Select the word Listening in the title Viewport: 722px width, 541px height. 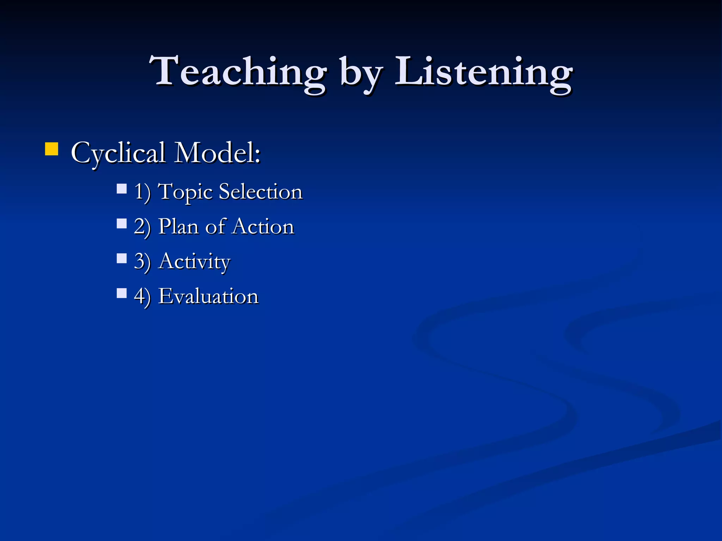coord(483,72)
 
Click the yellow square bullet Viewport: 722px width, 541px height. coord(52,149)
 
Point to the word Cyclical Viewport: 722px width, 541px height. coord(118,154)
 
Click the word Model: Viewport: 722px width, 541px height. coord(218,153)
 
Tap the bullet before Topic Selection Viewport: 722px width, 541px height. coord(122,189)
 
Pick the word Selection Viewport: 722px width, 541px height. coord(261,192)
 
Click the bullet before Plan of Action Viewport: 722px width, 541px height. coord(122,224)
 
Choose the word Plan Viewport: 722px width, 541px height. coord(178,226)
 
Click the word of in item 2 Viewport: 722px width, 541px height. coord(215,226)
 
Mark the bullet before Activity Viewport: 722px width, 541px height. coord(122,259)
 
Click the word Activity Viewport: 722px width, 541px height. coord(194,262)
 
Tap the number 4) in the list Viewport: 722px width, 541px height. coord(142,296)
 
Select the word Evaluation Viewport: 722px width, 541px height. coord(208,296)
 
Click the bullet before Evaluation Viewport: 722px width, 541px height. coord(122,293)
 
